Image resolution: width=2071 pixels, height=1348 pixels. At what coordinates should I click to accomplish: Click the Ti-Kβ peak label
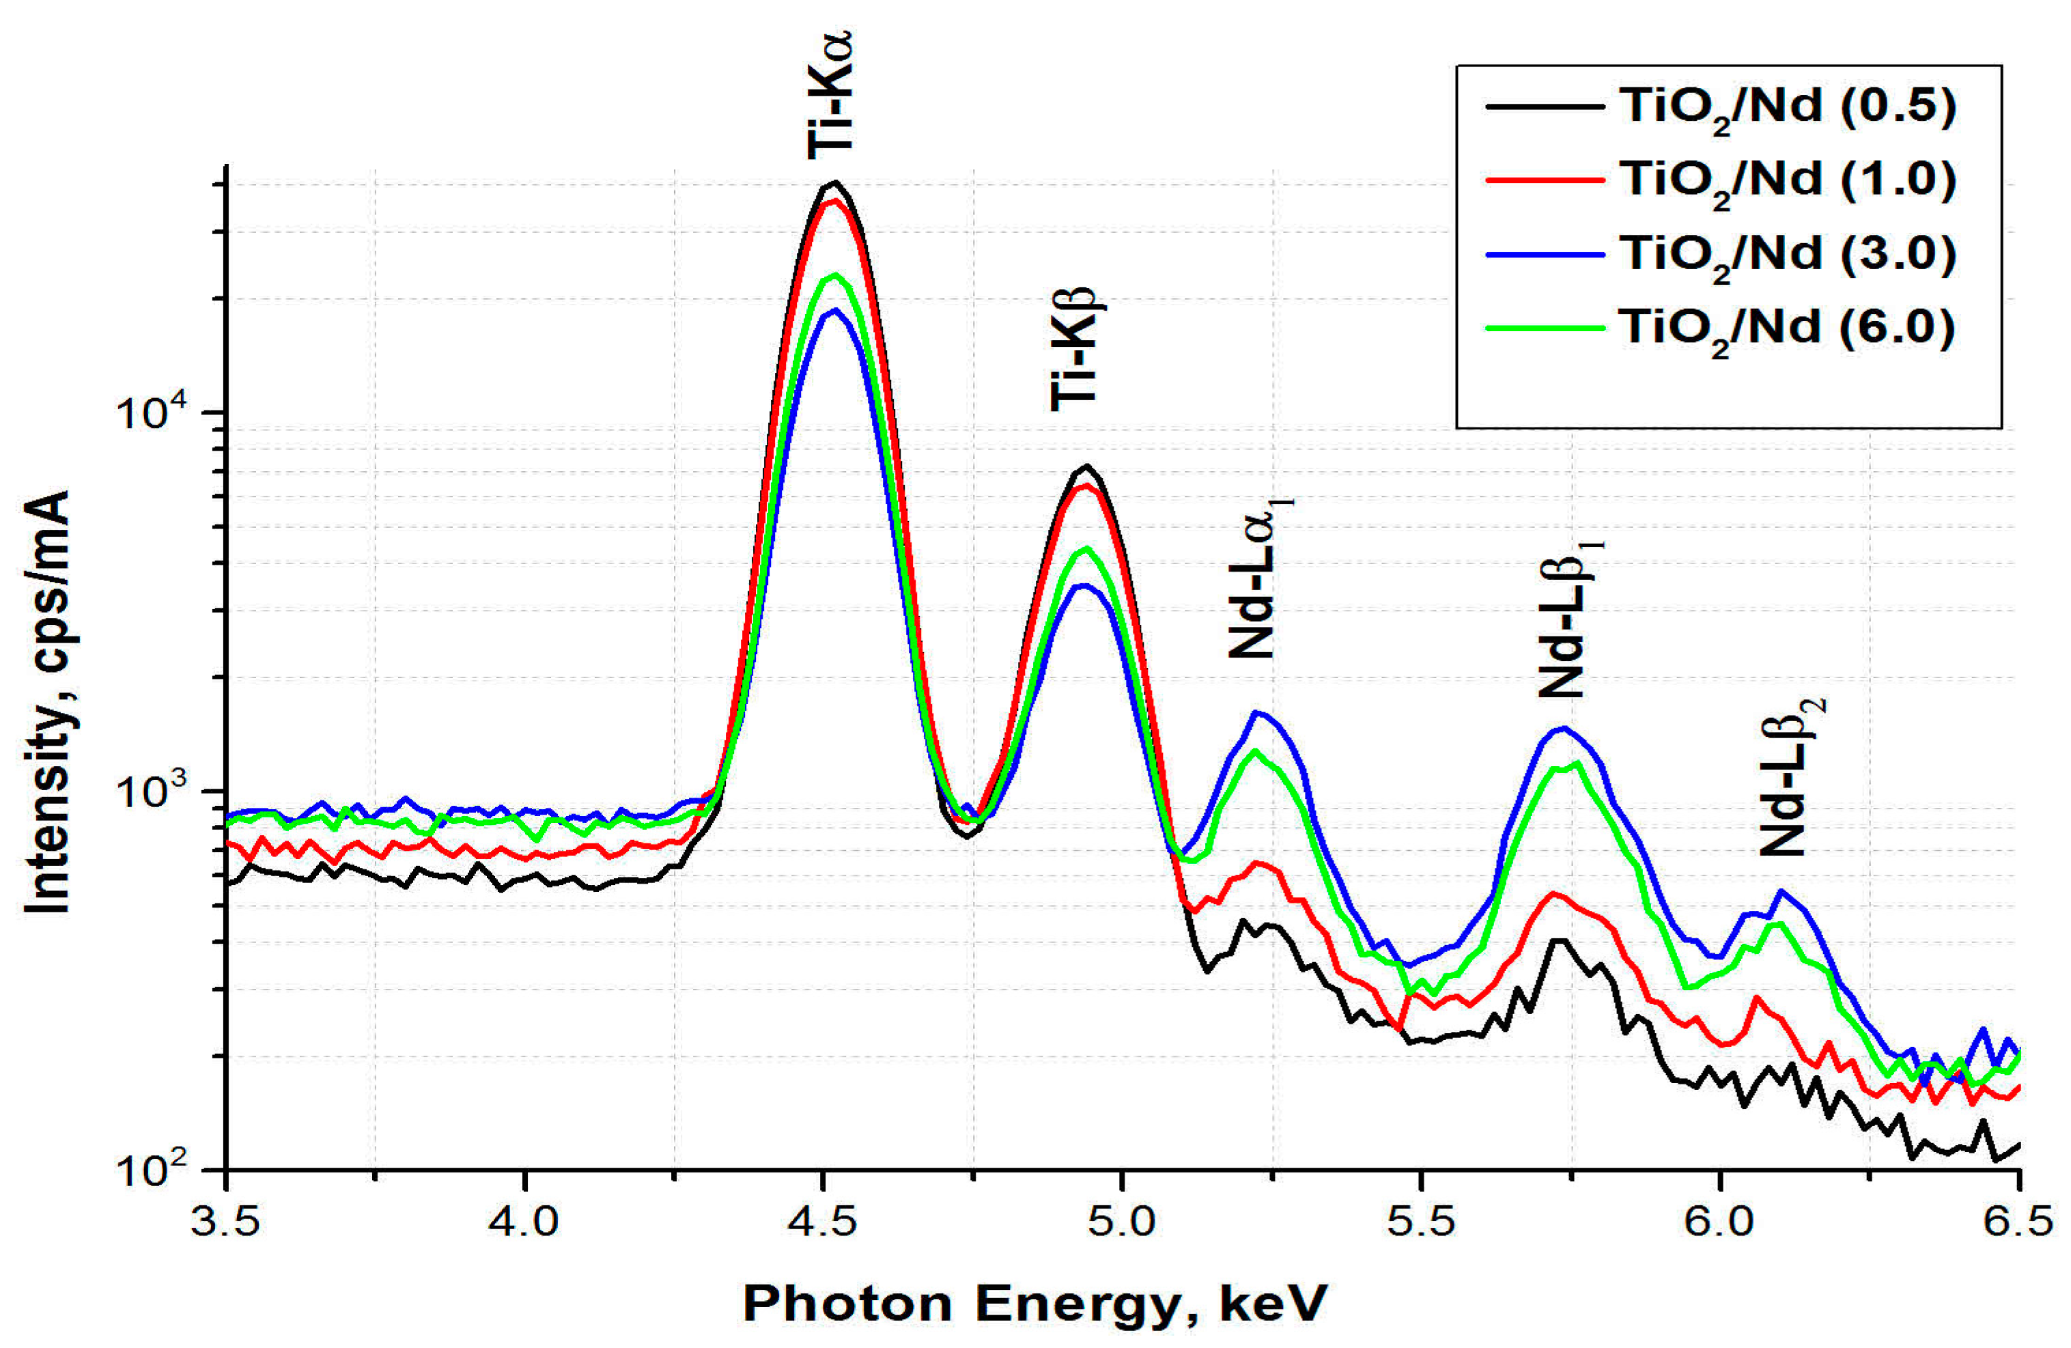[x=1076, y=348]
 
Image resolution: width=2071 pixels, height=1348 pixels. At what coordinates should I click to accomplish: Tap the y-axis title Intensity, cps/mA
[x=48, y=701]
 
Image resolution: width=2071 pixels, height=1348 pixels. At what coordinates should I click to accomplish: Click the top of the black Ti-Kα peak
[x=835, y=183]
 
